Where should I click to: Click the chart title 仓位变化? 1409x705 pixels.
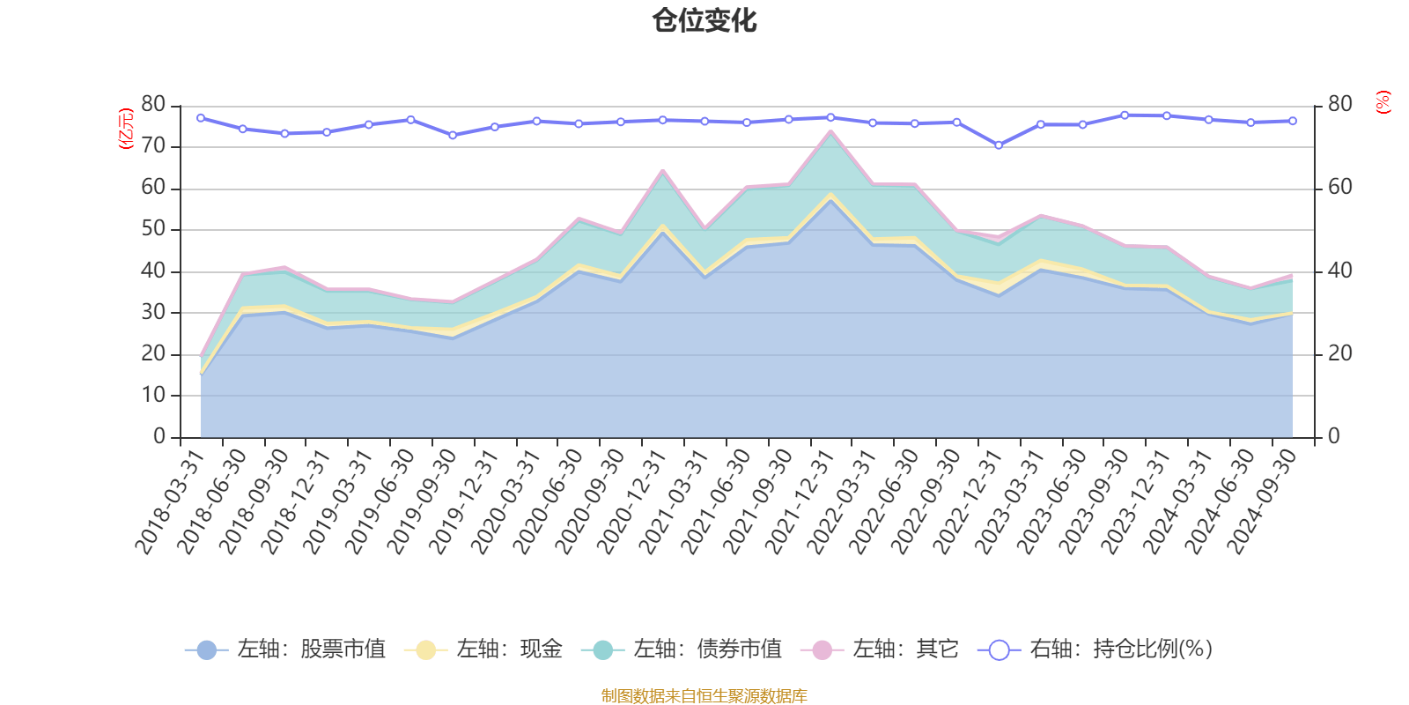[704, 20]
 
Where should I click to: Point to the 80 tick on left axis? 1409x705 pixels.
[153, 104]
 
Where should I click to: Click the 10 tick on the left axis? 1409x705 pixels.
[153, 395]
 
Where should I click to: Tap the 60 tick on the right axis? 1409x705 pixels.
[1339, 187]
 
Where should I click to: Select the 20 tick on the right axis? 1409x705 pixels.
[1339, 353]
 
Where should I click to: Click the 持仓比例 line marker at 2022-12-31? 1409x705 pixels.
[999, 145]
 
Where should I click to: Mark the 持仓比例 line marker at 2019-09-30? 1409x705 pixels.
[453, 136]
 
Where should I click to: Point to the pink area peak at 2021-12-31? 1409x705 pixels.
[830, 131]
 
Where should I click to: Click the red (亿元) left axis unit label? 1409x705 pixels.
[126, 129]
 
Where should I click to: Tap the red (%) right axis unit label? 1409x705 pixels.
[1383, 102]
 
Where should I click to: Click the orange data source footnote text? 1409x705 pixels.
[704, 696]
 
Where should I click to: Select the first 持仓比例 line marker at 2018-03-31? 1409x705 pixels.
[201, 117]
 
